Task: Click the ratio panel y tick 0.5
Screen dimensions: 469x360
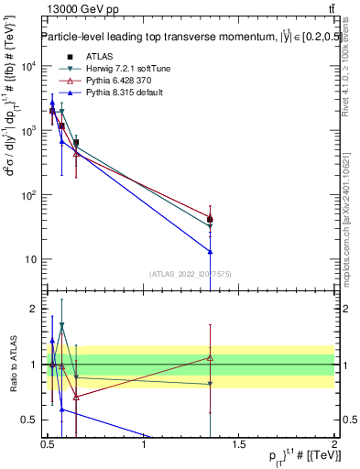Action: click(x=30, y=420)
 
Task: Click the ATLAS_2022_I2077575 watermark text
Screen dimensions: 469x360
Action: click(x=189, y=273)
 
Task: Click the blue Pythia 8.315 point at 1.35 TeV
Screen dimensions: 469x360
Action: click(x=211, y=251)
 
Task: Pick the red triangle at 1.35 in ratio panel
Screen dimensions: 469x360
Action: click(x=211, y=357)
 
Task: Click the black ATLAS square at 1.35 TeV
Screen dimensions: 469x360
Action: click(x=211, y=220)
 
